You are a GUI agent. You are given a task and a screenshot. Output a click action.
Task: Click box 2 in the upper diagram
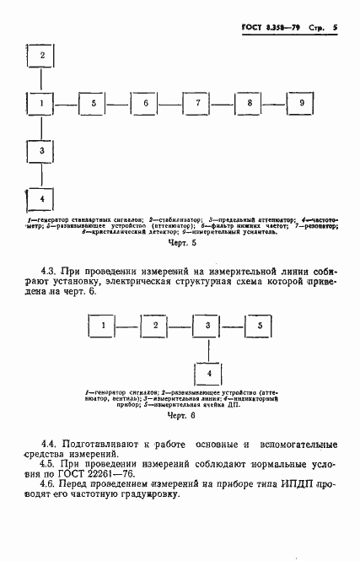point(40,57)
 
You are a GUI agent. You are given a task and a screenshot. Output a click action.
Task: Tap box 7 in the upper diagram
point(196,103)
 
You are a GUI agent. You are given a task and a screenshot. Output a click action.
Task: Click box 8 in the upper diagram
point(249,103)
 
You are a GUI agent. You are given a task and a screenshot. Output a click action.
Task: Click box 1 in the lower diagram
point(102,325)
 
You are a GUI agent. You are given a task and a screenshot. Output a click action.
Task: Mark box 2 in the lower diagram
point(154,325)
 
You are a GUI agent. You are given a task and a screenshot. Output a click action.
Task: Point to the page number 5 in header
point(335,27)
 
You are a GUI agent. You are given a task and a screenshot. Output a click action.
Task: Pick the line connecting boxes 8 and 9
point(275,103)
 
